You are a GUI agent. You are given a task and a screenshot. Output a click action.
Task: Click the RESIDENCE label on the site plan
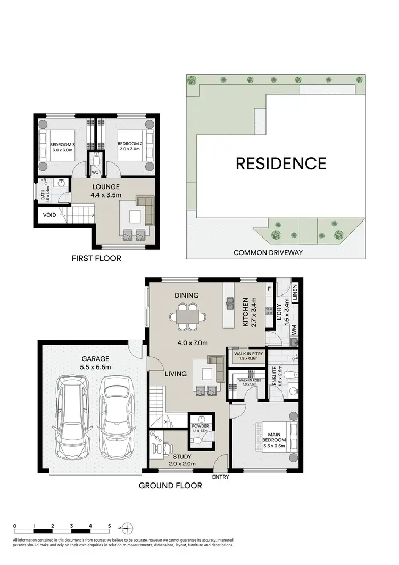click(281, 163)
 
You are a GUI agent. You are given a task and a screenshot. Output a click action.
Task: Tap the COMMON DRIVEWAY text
click(268, 252)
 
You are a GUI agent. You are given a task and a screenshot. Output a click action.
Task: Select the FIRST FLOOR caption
click(96, 259)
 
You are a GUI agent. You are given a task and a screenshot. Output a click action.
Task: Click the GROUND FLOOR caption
click(170, 485)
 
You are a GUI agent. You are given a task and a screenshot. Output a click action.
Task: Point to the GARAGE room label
click(96, 359)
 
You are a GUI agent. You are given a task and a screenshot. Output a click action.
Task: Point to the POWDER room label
click(201, 427)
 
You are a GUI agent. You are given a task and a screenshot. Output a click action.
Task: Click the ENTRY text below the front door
click(220, 477)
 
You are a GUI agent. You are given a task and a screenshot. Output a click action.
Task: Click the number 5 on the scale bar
click(109, 525)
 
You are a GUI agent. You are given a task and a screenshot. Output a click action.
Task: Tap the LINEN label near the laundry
click(295, 292)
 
